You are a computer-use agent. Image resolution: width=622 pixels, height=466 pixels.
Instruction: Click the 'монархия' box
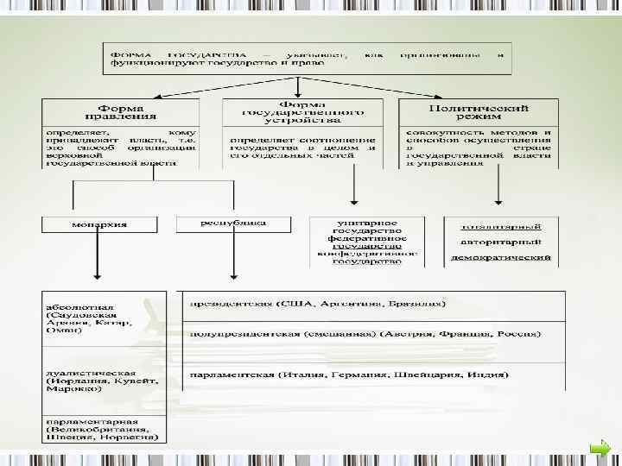[98, 224]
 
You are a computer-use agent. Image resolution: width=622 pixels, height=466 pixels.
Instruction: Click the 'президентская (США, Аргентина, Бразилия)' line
[319, 304]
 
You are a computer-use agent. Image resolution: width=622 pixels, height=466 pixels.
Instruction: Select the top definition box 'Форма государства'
[306, 57]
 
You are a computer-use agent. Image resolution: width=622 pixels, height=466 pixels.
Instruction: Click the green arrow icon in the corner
[602, 446]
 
